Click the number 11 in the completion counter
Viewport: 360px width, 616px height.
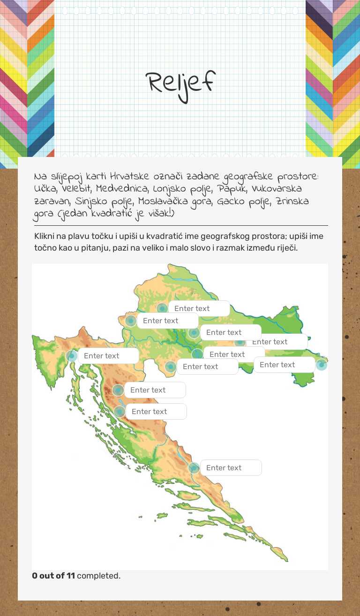click(70, 576)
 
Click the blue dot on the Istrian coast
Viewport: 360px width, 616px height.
click(72, 356)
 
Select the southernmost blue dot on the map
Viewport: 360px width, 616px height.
click(194, 468)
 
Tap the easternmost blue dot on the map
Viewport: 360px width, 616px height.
click(321, 364)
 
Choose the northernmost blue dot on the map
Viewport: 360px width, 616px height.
click(162, 308)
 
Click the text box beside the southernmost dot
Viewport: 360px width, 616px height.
click(231, 468)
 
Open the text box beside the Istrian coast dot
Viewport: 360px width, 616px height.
click(108, 356)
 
